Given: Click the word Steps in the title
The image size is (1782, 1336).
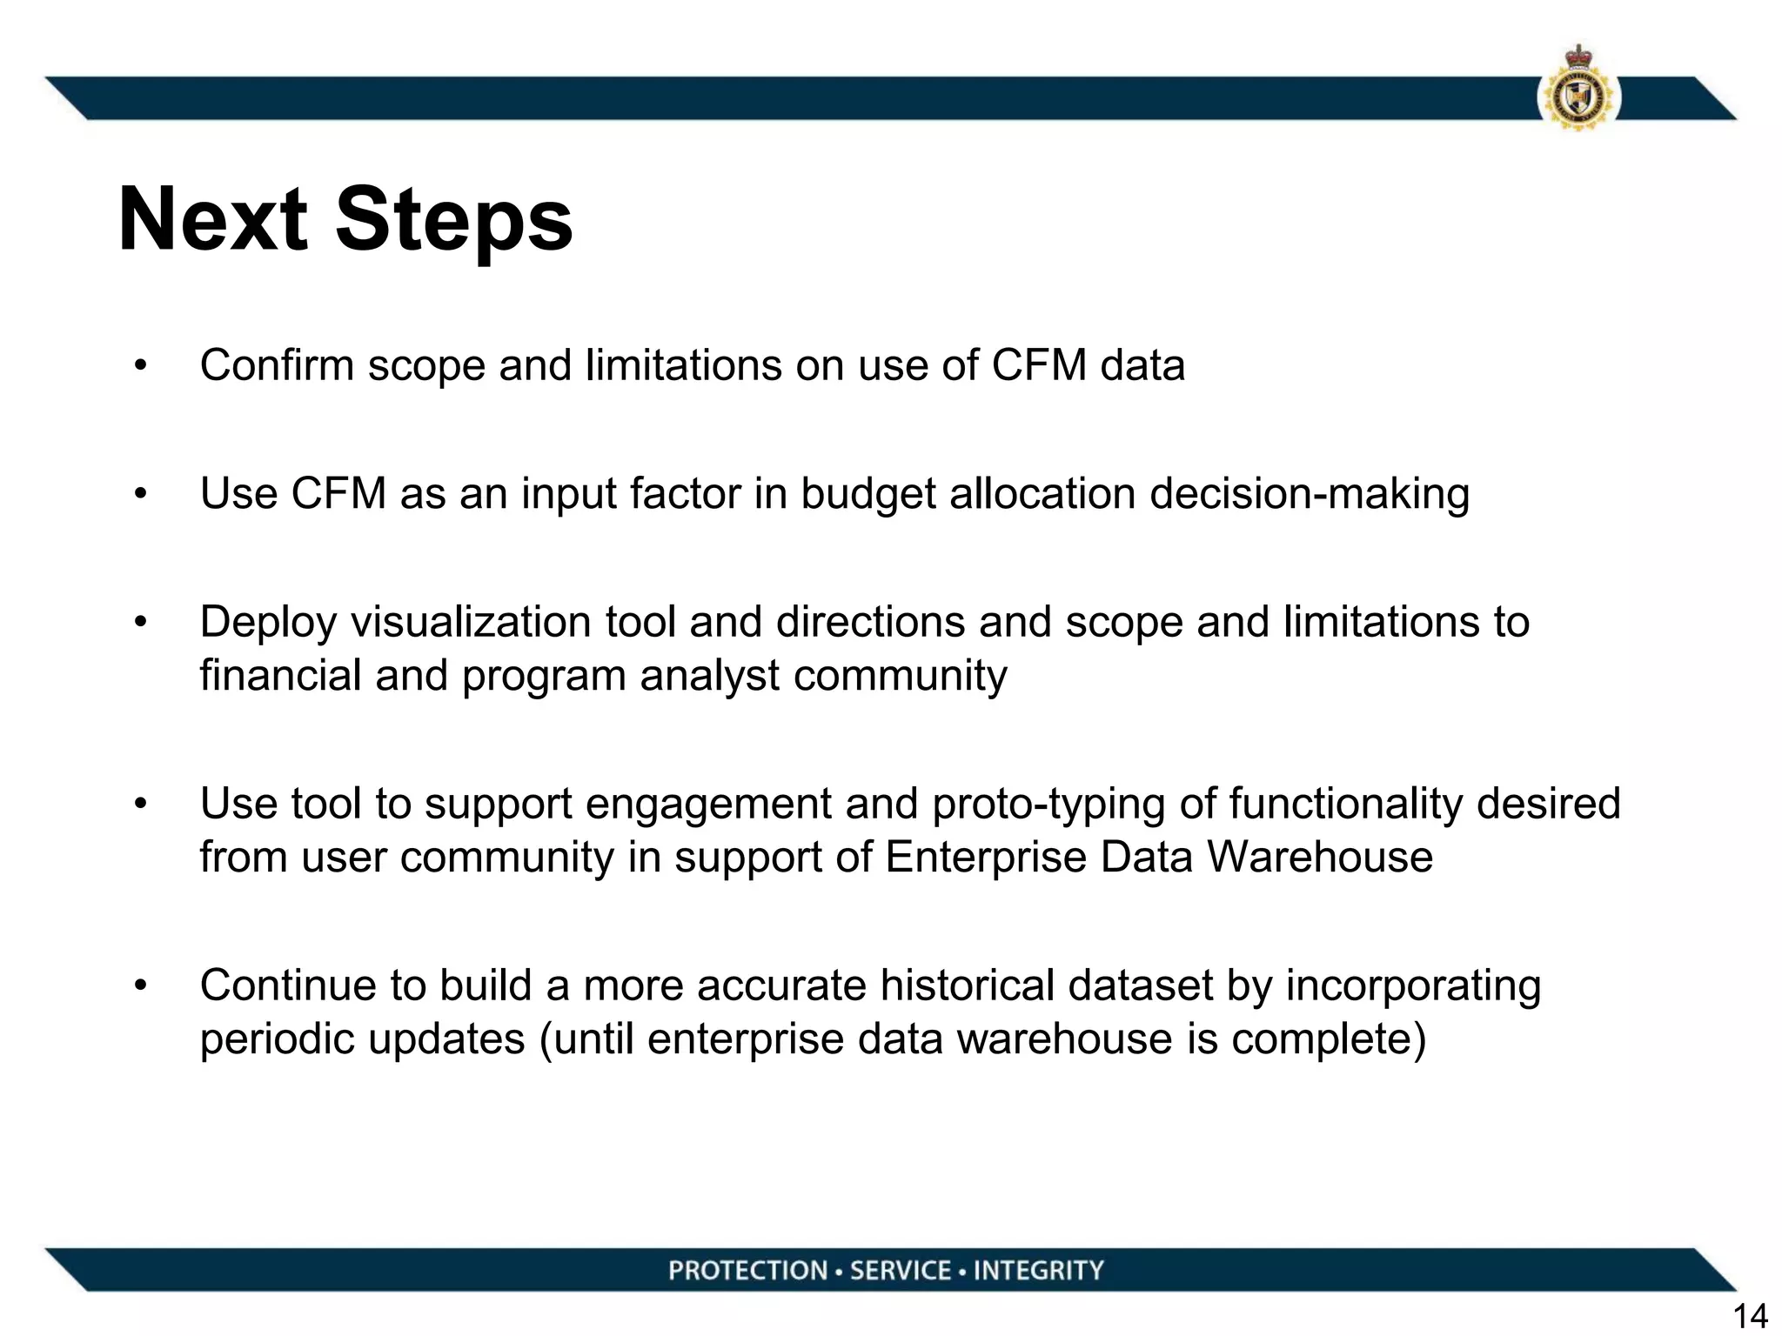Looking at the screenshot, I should (x=454, y=222).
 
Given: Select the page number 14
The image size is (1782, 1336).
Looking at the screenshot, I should (x=1750, y=1316).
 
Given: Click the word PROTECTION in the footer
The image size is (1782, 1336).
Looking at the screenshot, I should (x=748, y=1271).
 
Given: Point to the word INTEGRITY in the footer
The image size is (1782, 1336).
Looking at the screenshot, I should (x=1038, y=1271).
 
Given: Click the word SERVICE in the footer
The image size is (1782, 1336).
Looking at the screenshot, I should (x=901, y=1271).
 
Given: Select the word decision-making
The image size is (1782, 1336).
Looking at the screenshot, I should (x=1310, y=494).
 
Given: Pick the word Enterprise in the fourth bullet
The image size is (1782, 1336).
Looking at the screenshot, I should (x=986, y=858).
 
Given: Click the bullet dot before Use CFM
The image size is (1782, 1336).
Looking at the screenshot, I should (x=141, y=494).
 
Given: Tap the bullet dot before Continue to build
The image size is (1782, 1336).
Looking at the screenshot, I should (x=141, y=986).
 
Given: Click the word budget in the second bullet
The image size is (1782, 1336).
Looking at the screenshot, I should (x=868, y=494).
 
